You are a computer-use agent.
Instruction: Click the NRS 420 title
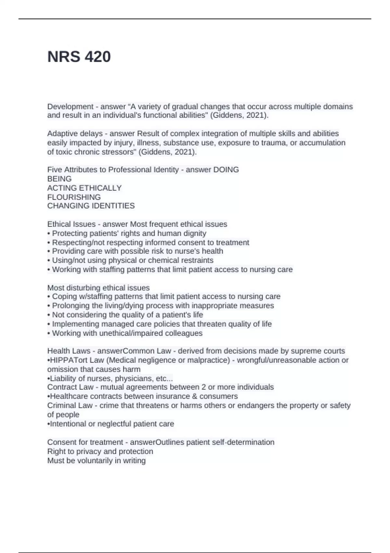click(x=79, y=57)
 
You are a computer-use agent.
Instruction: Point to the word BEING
click(x=59, y=179)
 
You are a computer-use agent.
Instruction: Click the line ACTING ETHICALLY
click(x=84, y=188)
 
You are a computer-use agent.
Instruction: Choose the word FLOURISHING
click(x=74, y=197)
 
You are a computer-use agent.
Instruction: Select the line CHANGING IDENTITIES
click(x=91, y=206)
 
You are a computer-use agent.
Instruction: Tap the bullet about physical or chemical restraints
click(x=133, y=260)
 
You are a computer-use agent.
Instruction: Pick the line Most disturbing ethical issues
click(x=98, y=288)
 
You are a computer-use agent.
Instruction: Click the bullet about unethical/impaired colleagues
click(x=127, y=333)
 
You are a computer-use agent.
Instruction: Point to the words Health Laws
click(x=69, y=351)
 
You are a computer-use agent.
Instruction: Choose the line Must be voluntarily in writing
click(x=97, y=460)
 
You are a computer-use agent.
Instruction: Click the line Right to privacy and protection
click(x=100, y=451)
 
